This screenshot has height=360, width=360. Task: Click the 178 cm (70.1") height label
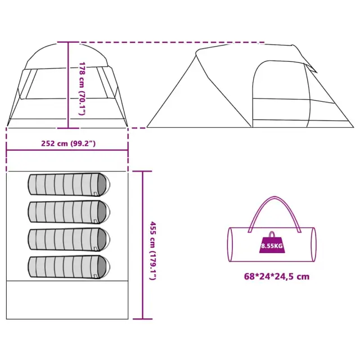click(x=82, y=88)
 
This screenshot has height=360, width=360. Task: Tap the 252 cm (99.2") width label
click(x=68, y=143)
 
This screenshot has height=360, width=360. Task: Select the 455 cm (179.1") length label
click(x=153, y=251)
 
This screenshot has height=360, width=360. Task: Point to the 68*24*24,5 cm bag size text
click(x=277, y=276)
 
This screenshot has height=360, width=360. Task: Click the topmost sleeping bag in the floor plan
click(x=69, y=184)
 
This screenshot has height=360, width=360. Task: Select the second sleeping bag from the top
click(x=69, y=212)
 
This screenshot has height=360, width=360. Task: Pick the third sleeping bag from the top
click(x=69, y=240)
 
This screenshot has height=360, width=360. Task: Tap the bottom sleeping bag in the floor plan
click(x=69, y=267)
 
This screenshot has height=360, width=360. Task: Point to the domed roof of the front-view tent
click(x=66, y=56)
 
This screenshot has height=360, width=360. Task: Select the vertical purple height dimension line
click(x=68, y=85)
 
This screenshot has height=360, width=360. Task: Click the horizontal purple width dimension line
click(x=67, y=150)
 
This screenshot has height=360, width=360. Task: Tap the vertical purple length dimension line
click(x=142, y=245)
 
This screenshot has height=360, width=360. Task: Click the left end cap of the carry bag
click(x=230, y=245)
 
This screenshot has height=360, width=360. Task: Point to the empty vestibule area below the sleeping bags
click(x=67, y=300)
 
